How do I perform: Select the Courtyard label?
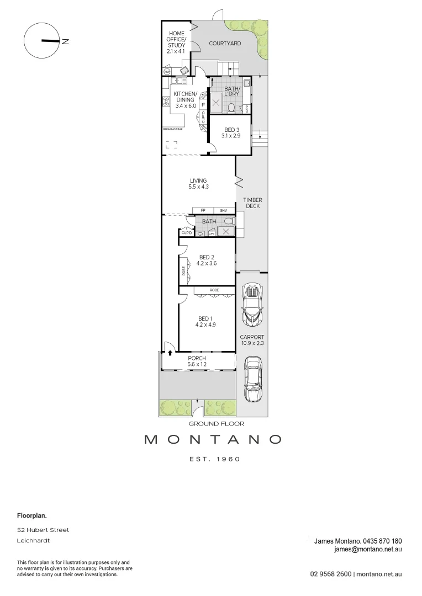pos(225,43)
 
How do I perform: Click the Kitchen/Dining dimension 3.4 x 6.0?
pos(184,105)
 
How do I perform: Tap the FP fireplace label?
pos(203,210)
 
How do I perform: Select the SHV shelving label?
pos(223,210)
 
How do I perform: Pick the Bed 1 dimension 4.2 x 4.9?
pos(205,325)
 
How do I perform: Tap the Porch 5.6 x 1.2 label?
pos(197,361)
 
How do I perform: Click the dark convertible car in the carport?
pos(252,305)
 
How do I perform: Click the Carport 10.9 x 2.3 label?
pos(252,340)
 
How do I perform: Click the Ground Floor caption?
pos(216,424)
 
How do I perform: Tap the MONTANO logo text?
pos(213,440)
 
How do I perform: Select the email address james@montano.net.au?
pos(367,549)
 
